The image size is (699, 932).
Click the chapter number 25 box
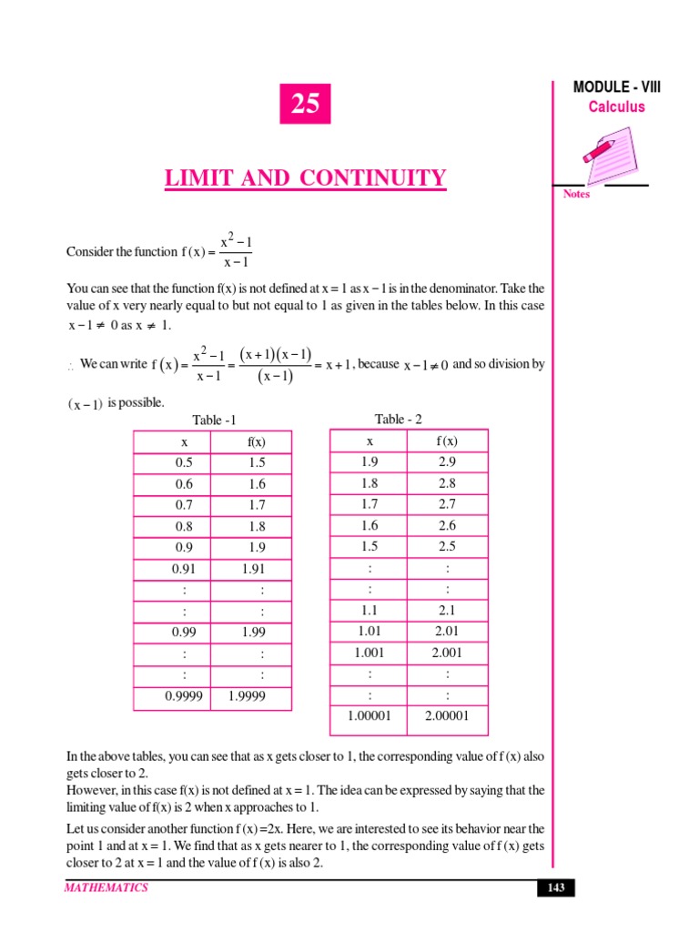[305, 105]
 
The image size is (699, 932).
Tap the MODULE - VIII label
[617, 87]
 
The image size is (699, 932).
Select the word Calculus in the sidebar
[616, 107]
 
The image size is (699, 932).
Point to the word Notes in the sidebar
[577, 194]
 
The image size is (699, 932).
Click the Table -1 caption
[214, 420]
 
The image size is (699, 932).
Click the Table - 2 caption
[399, 419]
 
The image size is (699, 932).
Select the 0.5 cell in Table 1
[185, 462]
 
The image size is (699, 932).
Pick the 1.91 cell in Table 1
[254, 570]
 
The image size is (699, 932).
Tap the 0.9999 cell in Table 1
[184, 697]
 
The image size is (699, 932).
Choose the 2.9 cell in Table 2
[446, 462]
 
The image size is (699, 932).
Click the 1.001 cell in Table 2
[370, 653]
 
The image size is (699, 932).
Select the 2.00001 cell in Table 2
[446, 716]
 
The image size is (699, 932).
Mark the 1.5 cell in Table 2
[370, 546]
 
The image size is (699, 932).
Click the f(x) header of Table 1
[257, 441]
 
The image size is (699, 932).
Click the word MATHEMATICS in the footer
[106, 888]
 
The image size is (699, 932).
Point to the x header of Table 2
[370, 441]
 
